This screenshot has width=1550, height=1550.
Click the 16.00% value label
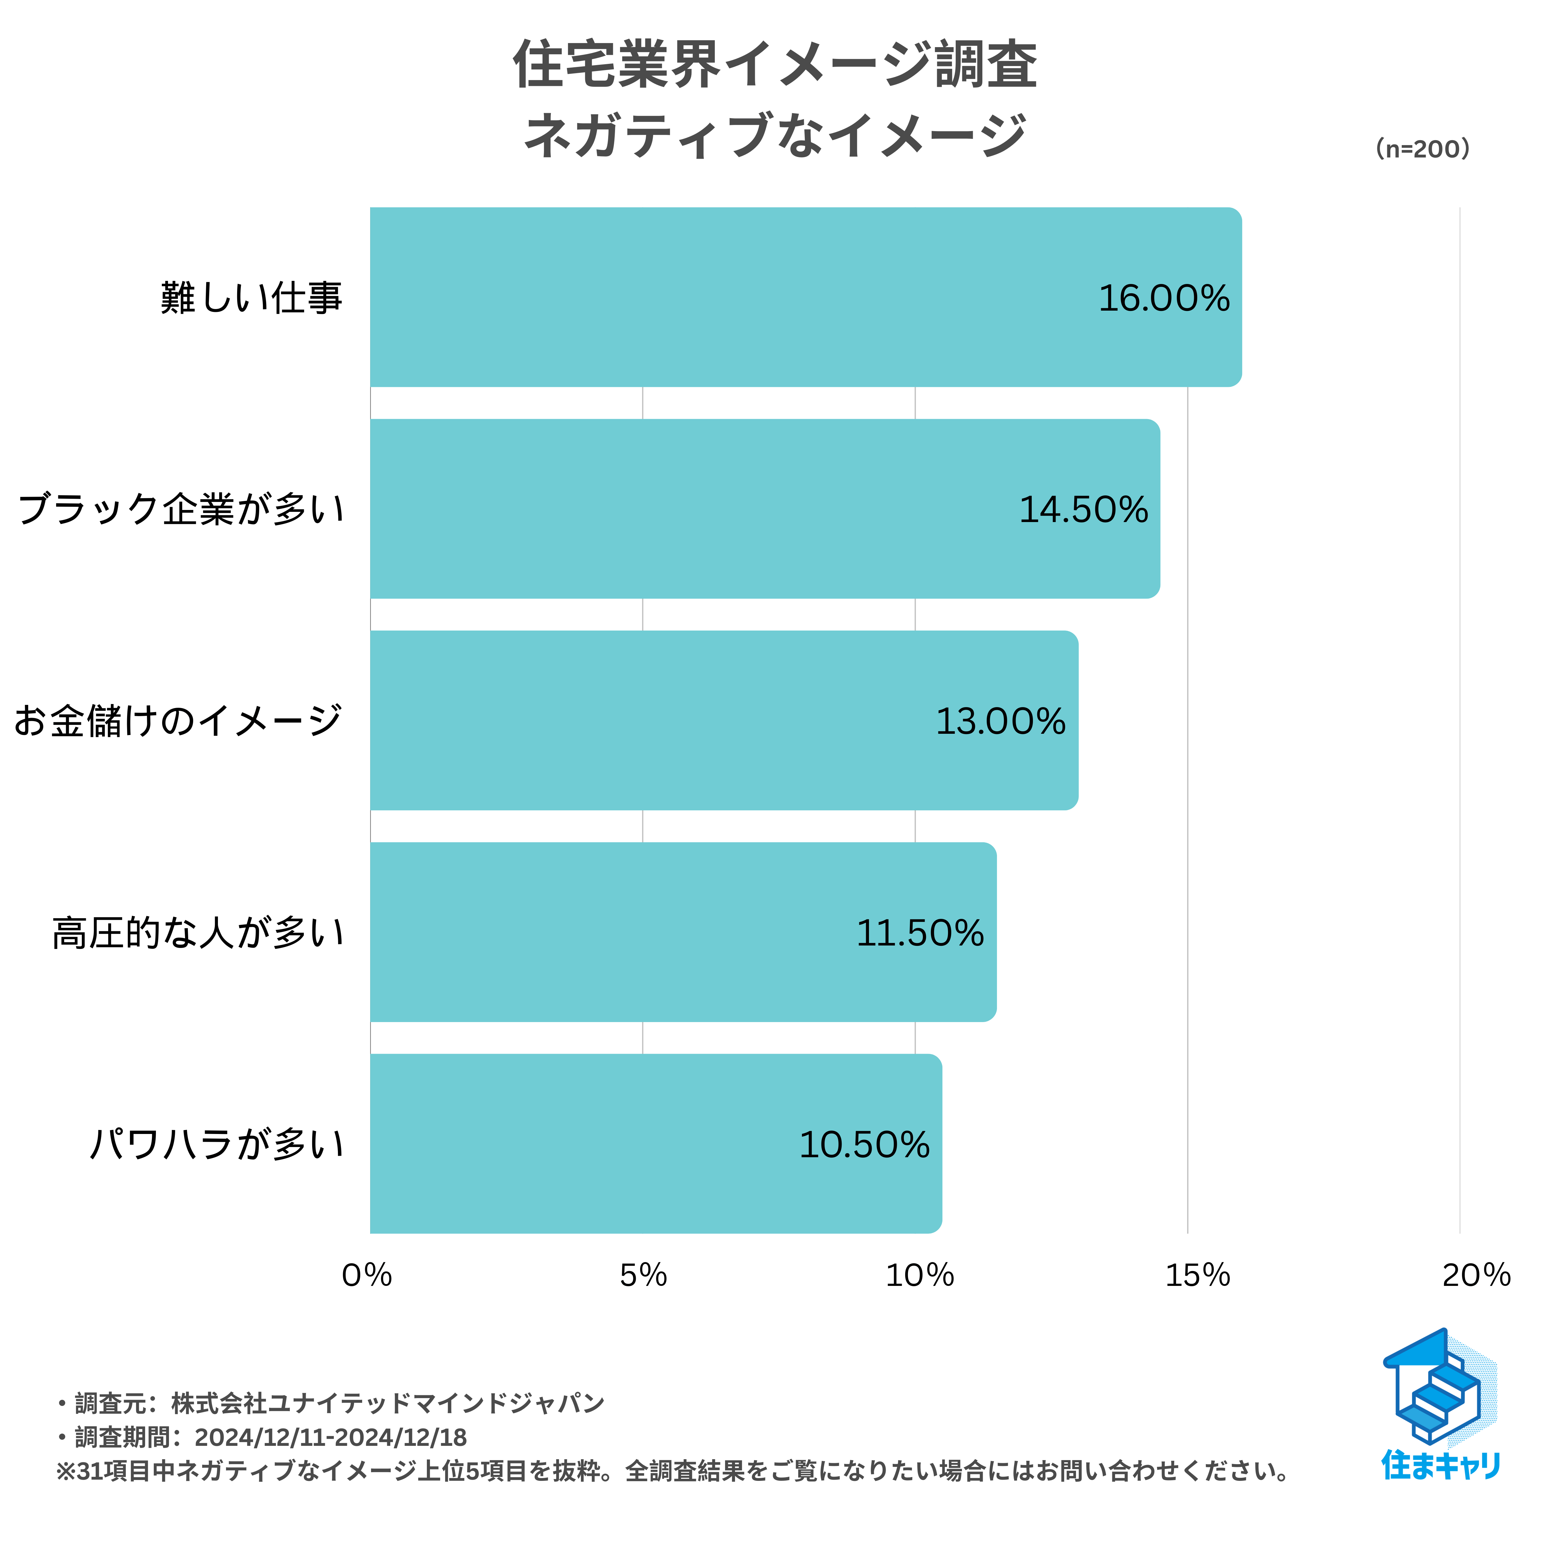tap(1163, 299)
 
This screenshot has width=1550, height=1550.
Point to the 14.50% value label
tap(1083, 510)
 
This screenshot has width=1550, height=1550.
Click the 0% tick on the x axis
tap(367, 1276)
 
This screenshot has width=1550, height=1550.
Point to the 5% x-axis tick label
tap(643, 1276)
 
